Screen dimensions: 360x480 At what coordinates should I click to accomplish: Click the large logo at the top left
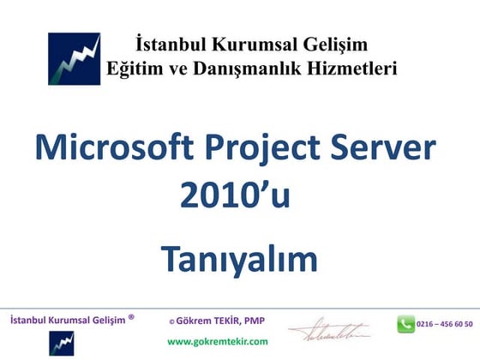pos(74,58)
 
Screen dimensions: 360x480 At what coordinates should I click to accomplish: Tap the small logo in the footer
pos(61,342)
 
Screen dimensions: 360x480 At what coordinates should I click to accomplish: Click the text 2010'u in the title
pos(235,196)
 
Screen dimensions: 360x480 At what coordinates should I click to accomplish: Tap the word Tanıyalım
pos(239,260)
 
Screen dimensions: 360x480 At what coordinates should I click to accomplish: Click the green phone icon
pos(405,324)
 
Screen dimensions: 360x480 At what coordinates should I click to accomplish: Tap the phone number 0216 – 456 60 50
pos(444,324)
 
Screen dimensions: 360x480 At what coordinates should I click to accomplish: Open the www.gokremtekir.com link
pos(217,340)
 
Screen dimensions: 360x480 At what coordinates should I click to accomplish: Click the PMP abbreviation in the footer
pos(255,321)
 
